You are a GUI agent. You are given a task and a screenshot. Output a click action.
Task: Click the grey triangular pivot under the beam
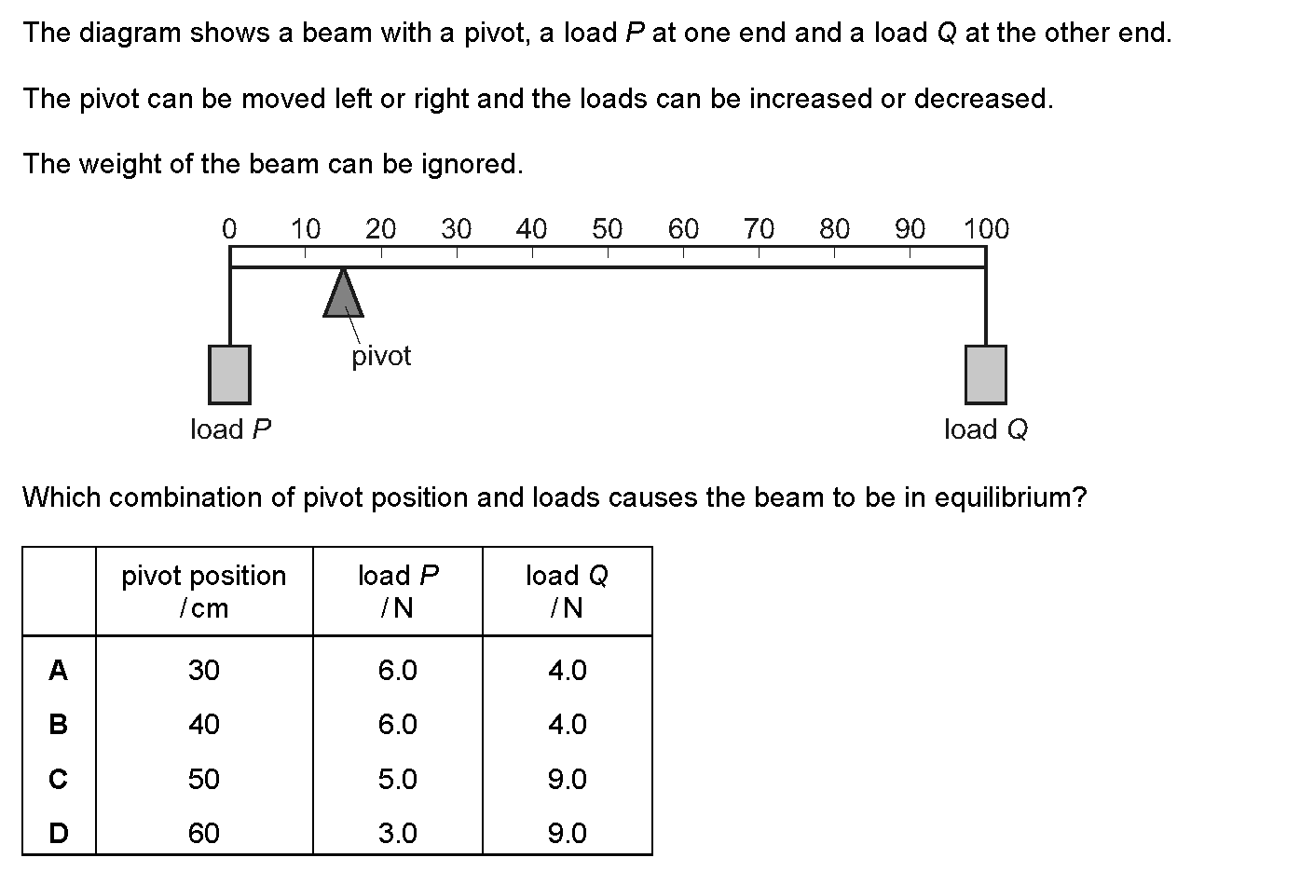(x=343, y=295)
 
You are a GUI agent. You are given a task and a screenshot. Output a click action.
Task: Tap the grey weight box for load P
(x=229, y=374)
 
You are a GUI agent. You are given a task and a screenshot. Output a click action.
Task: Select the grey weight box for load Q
(x=986, y=374)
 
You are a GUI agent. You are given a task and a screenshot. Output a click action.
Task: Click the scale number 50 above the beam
(x=607, y=229)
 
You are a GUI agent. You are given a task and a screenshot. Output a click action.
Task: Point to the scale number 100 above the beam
(x=986, y=229)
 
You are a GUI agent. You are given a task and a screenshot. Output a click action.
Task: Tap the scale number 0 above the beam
(x=229, y=229)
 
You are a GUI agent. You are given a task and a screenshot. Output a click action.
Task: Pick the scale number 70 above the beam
(x=759, y=229)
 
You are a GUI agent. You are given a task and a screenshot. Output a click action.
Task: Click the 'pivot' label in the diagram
(x=381, y=357)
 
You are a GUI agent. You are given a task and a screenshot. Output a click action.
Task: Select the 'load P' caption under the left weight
(x=230, y=429)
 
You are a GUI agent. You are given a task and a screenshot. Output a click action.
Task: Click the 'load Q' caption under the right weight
(x=986, y=429)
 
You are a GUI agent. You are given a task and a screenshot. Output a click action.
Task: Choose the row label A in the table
(x=58, y=670)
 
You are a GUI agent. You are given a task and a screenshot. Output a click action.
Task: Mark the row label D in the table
(x=58, y=833)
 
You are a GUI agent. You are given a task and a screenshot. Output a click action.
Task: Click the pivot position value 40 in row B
(x=203, y=725)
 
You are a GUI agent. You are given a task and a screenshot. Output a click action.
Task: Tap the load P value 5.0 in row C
(x=397, y=779)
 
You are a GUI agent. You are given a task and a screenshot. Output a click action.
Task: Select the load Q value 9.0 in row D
(x=568, y=833)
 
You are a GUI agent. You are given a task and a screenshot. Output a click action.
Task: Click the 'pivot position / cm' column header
(x=203, y=592)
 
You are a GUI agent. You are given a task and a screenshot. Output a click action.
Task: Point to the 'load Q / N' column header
(x=567, y=592)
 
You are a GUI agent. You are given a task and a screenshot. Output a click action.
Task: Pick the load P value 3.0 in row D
(x=397, y=833)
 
